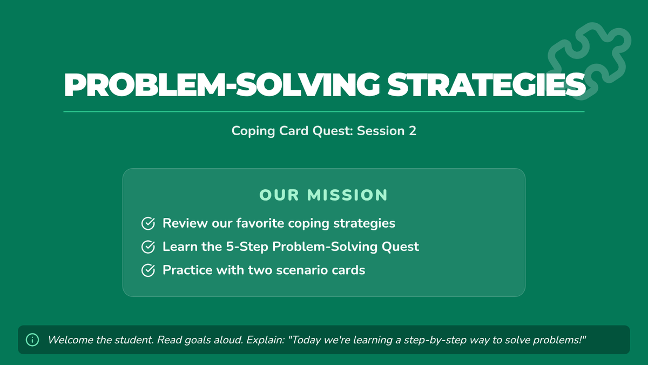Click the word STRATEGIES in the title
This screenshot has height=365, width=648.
[487, 84]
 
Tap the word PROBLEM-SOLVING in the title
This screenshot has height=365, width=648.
[221, 84]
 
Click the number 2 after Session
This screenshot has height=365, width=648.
[413, 131]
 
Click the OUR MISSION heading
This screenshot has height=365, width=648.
[323, 195]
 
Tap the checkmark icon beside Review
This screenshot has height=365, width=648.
[148, 223]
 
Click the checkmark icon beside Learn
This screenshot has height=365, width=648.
[148, 247]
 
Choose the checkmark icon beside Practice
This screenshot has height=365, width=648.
[148, 270]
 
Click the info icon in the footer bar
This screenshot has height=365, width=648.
[32, 340]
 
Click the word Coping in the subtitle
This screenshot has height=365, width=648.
[253, 131]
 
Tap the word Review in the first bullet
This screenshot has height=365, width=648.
[185, 223]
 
